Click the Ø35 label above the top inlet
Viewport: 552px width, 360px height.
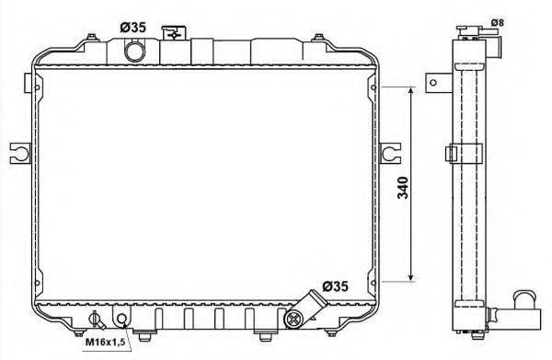coord(133,27)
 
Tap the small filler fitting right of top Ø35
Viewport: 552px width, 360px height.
coord(170,34)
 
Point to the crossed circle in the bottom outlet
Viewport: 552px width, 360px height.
coord(293,319)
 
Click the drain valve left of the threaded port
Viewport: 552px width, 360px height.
coord(95,320)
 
